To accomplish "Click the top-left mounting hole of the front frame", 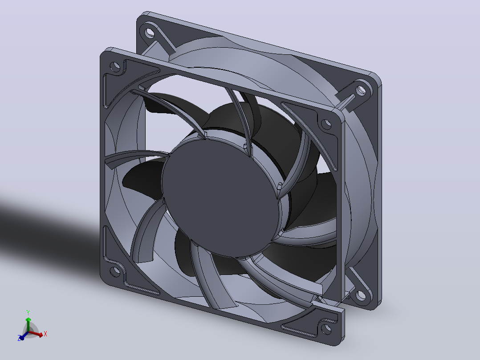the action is pyautogui.click(x=115, y=66).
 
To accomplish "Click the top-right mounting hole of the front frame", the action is pyautogui.click(x=326, y=124).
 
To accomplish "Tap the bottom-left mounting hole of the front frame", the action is pyautogui.click(x=115, y=271).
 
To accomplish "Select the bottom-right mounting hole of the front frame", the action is pyautogui.click(x=326, y=329).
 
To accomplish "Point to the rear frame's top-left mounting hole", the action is pyautogui.click(x=150, y=32).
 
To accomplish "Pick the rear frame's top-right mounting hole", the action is pyautogui.click(x=361, y=90).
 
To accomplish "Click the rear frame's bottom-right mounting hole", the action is pyautogui.click(x=361, y=295).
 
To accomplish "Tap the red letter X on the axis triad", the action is pyautogui.click(x=45, y=334).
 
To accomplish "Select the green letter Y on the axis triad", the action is pyautogui.click(x=28, y=313).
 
